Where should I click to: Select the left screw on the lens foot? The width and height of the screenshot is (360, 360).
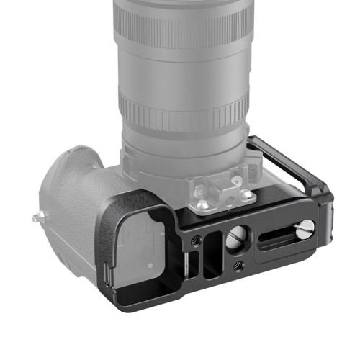coord(202,204)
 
